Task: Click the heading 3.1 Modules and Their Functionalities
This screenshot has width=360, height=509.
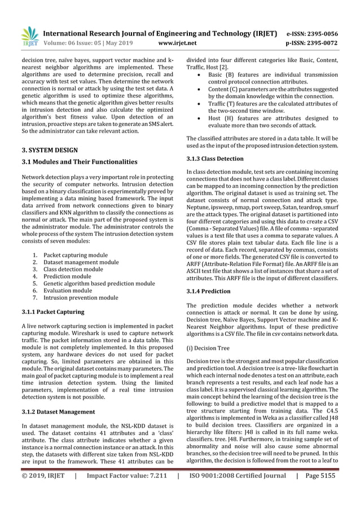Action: (80, 162)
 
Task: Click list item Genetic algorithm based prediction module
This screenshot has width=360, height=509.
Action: (99, 283)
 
